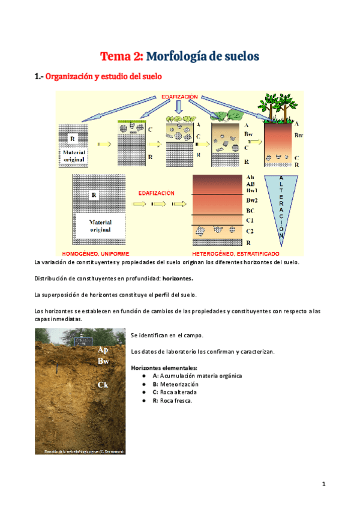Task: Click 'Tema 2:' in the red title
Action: click(122, 56)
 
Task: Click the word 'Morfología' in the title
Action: click(184, 56)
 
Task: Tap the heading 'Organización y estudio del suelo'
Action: click(103, 77)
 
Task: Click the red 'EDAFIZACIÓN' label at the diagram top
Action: click(180, 97)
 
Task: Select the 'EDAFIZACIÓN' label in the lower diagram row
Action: click(157, 193)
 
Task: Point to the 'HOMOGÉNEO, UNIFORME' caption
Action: click(96, 253)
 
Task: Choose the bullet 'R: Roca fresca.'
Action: click(172, 400)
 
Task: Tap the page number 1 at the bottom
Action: click(323, 484)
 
